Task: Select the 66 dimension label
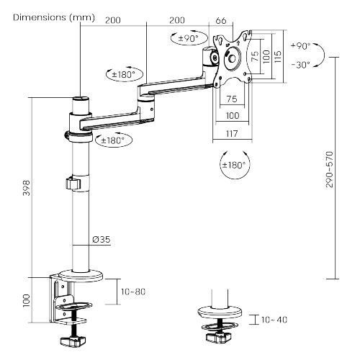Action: click(221, 21)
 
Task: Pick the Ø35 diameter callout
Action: click(102, 240)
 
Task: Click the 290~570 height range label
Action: click(330, 170)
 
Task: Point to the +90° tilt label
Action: click(300, 46)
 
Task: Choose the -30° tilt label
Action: click(300, 64)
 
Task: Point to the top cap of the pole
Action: click(80, 102)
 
